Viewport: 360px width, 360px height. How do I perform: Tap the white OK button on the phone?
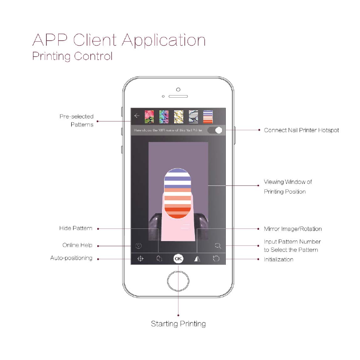(x=178, y=258)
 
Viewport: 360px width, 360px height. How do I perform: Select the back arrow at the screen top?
(x=137, y=116)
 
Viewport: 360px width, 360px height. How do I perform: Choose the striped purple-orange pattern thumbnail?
(x=208, y=116)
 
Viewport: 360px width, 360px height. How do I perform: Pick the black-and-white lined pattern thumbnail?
(x=193, y=116)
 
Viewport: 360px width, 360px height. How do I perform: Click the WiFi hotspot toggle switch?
(x=215, y=130)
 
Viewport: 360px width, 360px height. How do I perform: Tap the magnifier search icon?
(x=217, y=246)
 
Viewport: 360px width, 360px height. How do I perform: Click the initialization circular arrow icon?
(x=216, y=258)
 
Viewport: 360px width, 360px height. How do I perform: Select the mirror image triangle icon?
(x=197, y=258)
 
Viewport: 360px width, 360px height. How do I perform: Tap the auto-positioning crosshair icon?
(x=140, y=258)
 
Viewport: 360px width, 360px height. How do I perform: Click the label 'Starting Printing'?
(x=178, y=324)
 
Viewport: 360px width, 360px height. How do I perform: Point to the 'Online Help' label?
(x=77, y=245)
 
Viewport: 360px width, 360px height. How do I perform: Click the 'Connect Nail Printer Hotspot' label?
(x=301, y=130)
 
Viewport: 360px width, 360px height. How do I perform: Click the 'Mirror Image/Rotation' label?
(x=293, y=229)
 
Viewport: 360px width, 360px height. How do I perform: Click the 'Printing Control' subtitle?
(x=73, y=56)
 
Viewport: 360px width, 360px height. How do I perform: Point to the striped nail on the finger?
(x=177, y=193)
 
